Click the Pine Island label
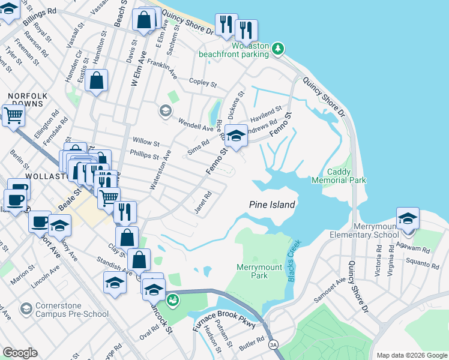pyautogui.click(x=272, y=205)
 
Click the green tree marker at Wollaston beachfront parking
pyautogui.click(x=277, y=49)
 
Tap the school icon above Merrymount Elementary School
pyautogui.click(x=408, y=218)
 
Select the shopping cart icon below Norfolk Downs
pyautogui.click(x=13, y=116)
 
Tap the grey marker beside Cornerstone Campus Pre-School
pyautogui.click(x=26, y=309)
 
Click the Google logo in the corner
pyautogui.click(x=20, y=353)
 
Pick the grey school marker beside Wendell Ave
pyautogui.click(x=165, y=110)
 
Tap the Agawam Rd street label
pyautogui.click(x=418, y=248)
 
